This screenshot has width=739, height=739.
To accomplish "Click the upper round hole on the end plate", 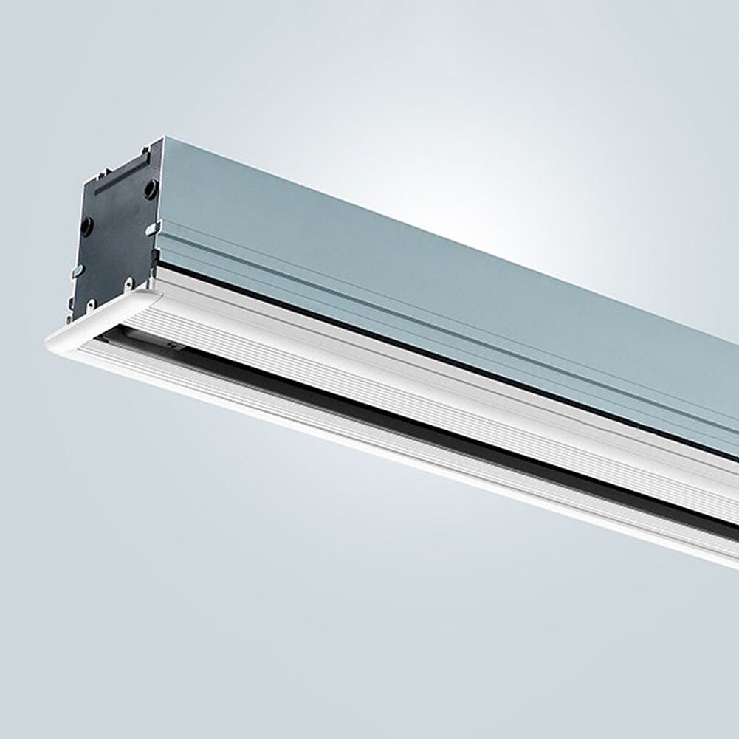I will coord(150,190).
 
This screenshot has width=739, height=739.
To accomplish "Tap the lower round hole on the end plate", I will coord(87,225).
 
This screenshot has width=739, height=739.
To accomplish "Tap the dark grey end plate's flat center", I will coord(118,236).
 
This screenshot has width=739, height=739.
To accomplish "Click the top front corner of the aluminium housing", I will coord(162,140).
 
